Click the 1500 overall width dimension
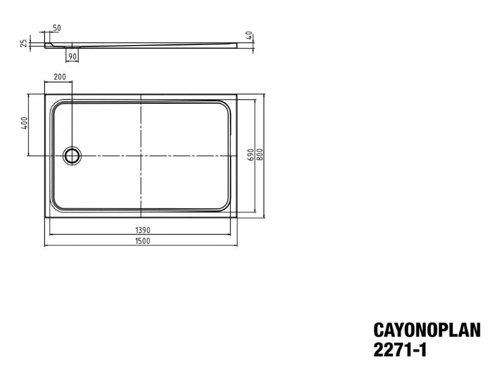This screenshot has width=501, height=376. [142, 241]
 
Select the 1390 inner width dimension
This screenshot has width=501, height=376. [142, 230]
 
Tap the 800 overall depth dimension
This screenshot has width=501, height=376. [260, 155]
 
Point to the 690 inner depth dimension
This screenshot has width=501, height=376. [251, 155]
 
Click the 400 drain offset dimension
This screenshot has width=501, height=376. [24, 123]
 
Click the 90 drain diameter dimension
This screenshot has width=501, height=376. [72, 57]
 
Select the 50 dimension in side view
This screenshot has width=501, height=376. [57, 28]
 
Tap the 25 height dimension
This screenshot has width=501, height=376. [24, 43]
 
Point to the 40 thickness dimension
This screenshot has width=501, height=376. [250, 35]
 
